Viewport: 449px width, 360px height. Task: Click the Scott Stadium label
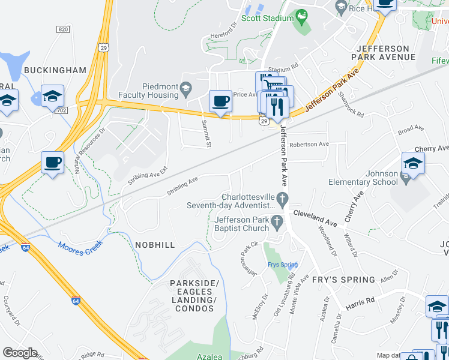267,19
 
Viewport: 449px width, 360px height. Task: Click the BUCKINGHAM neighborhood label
55,70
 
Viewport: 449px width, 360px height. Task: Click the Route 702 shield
61,110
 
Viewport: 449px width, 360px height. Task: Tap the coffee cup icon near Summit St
220,100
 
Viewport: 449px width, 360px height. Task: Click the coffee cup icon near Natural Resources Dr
52,161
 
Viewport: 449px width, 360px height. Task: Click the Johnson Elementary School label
363,178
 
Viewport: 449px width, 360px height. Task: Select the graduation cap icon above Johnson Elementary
413,162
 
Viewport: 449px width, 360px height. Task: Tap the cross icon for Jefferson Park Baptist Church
277,222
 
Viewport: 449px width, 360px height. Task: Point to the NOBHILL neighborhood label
155,245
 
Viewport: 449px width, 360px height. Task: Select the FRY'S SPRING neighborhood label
343,280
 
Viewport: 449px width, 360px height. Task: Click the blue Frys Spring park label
282,265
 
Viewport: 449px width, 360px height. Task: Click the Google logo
20,353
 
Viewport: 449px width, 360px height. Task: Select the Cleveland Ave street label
314,216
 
